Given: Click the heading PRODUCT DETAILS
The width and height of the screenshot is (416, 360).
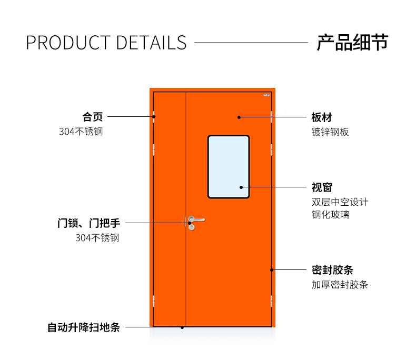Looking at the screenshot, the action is point(106,43).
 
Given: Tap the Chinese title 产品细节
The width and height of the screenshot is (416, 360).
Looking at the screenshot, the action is point(353,42).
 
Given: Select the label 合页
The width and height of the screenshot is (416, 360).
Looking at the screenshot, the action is point(92,117).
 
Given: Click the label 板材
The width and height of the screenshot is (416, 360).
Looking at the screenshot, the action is point(322,117).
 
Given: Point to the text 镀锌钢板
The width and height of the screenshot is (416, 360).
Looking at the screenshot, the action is point(330,132).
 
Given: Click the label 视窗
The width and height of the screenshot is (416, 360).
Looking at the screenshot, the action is point(322,187).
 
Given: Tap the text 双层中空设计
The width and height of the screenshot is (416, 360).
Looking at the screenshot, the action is point(340,202).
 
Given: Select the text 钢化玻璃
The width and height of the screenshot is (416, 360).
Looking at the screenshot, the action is point(330,214).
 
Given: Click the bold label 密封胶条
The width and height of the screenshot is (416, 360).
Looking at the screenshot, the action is point(332,270).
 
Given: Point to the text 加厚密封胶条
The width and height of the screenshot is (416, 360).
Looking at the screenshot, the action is point(340,284).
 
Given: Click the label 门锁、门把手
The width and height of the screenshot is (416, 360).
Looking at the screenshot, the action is point(89,223).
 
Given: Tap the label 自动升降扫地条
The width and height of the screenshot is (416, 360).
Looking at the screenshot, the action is point(84,327).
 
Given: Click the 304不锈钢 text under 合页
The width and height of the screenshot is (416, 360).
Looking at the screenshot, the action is point(81,132).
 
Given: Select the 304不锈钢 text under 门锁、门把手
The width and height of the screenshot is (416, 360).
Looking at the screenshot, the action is point(97,238).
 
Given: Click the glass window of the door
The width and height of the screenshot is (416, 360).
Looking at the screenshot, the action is point(229,167).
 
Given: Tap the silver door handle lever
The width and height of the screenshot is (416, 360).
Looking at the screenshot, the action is point(196,219).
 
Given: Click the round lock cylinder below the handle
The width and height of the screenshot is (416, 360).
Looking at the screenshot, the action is point(192,227).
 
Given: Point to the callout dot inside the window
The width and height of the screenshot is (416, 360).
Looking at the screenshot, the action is point(241,187).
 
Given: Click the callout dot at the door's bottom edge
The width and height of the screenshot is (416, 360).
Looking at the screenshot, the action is point(182,327).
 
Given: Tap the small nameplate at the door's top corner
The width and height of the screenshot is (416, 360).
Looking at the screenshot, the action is point(266,95).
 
